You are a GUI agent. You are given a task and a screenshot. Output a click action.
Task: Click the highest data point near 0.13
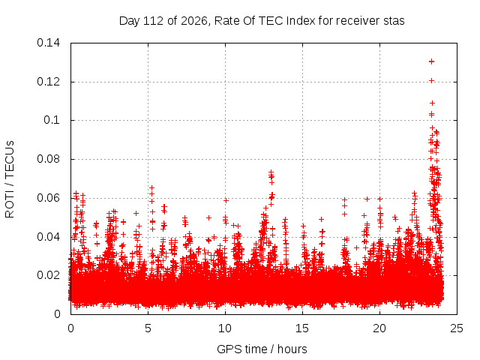432,61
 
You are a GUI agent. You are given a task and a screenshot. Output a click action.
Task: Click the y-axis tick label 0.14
48,43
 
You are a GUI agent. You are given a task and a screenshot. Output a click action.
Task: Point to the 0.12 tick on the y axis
48,82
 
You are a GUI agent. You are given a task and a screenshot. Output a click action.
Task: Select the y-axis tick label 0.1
52,120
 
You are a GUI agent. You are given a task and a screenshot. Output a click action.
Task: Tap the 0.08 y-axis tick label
48,159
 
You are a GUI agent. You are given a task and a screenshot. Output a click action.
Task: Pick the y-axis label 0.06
48,198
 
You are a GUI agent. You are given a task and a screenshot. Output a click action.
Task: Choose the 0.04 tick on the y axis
48,237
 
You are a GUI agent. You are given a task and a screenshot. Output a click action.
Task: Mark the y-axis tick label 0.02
48,275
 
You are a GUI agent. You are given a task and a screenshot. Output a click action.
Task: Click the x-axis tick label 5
148,328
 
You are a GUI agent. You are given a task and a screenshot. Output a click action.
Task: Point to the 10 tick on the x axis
225,328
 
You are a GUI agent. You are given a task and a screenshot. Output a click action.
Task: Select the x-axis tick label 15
302,328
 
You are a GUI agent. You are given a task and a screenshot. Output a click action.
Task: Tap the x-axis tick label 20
379,328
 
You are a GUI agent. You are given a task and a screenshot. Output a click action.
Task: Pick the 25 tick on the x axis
457,328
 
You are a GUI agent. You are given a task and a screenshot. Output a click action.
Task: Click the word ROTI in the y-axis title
10,205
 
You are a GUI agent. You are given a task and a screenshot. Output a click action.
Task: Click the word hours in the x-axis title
292,349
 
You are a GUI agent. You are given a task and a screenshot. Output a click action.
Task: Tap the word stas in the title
394,21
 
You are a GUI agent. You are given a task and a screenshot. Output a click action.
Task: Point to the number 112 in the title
154,21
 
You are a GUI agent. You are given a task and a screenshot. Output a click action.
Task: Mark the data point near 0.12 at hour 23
432,81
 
